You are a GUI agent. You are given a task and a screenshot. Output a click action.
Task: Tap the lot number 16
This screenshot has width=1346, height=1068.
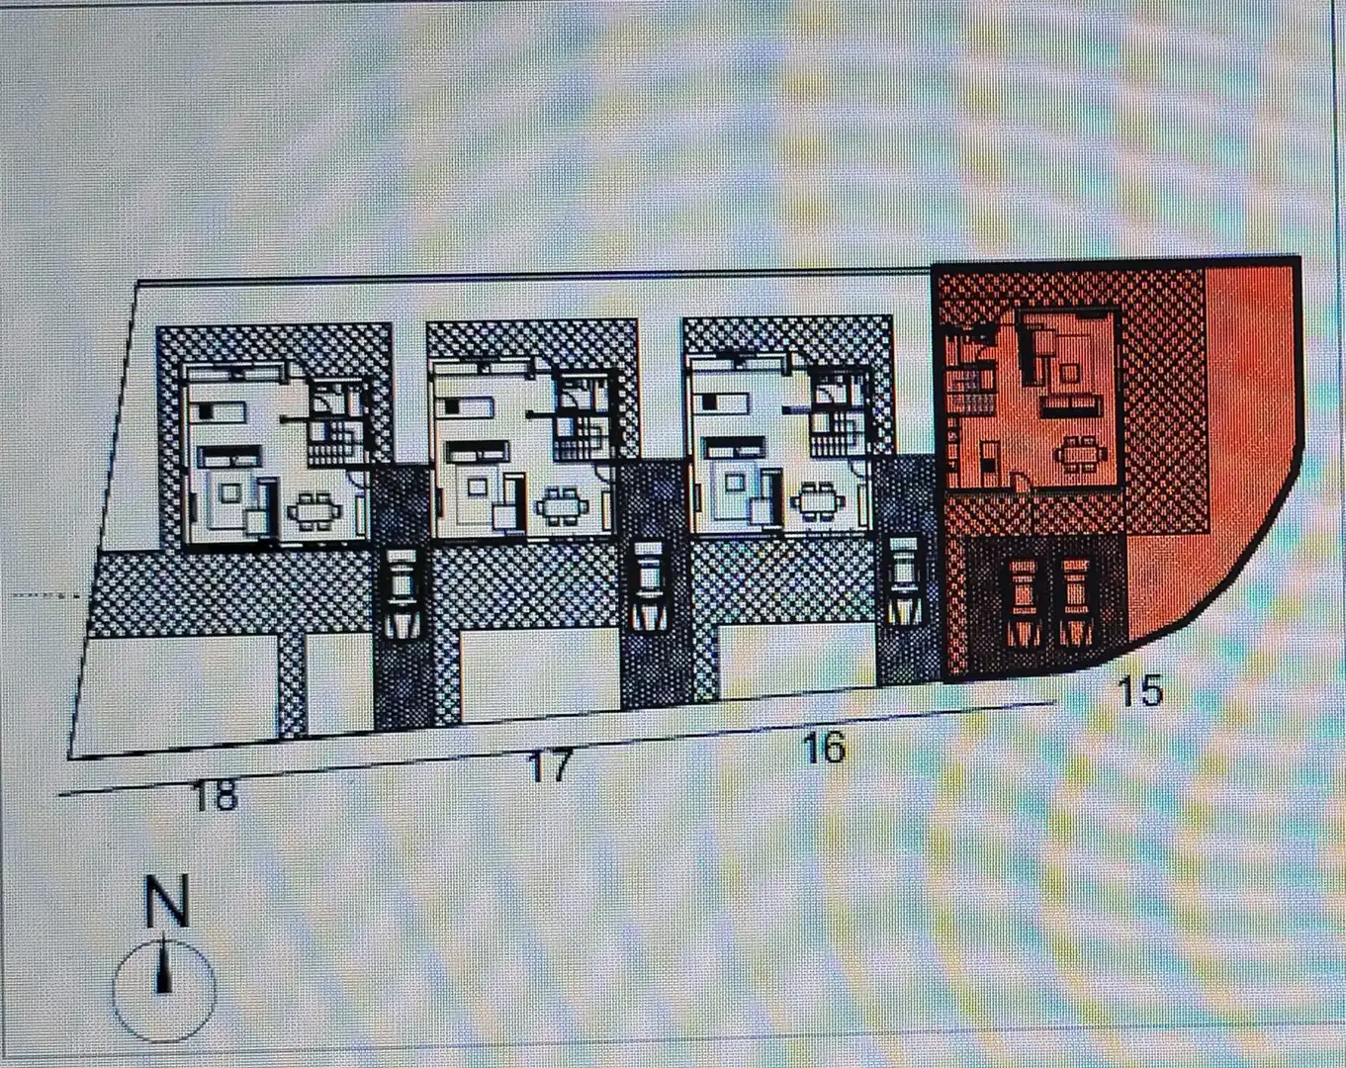click(x=826, y=748)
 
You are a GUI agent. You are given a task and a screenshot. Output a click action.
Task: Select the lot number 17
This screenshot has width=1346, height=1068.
click(x=551, y=767)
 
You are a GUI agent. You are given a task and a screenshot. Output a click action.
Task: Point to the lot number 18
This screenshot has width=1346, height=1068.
click(x=216, y=795)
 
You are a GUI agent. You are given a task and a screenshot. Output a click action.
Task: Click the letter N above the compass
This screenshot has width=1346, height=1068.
click(x=167, y=901)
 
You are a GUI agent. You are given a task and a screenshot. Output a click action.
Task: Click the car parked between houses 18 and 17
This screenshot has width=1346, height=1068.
click(x=400, y=592)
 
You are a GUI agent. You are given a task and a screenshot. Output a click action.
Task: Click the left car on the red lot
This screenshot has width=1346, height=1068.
click(x=1024, y=602)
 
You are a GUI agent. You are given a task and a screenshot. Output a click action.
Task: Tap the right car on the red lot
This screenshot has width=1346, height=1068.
click(x=1076, y=602)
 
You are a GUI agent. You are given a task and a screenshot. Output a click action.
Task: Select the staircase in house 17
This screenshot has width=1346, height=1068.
click(x=583, y=437)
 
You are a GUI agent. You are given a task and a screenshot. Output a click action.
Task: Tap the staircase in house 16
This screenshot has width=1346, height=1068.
click(x=838, y=433)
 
